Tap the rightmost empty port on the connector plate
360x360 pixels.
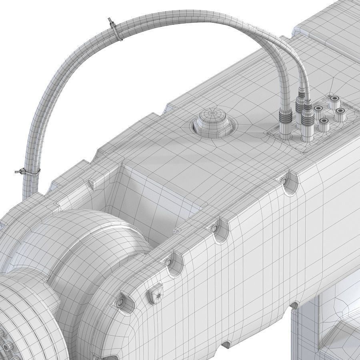(x=340, y=112)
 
